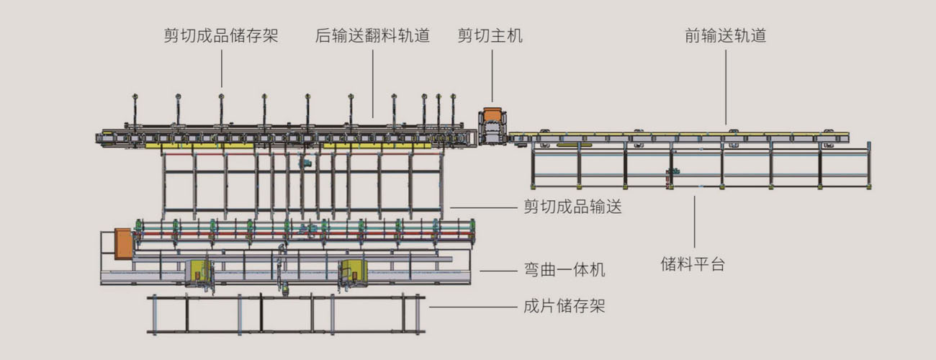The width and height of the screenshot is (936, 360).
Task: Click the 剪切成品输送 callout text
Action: tap(572, 208)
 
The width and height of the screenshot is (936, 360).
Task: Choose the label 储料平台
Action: tap(693, 264)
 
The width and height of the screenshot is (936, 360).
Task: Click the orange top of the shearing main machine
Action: tap(493, 114)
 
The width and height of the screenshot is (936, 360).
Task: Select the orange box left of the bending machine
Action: tap(123, 243)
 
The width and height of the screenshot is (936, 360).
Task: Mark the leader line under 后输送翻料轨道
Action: tap(373, 83)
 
